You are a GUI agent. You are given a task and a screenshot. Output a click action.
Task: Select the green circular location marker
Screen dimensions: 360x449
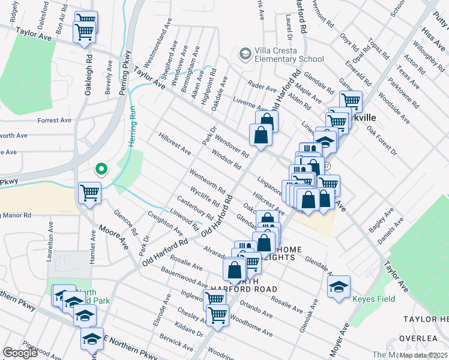point(101,169)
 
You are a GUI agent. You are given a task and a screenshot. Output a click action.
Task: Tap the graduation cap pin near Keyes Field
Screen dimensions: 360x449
point(339,286)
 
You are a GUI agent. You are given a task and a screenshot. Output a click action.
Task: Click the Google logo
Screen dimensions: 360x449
point(20,353)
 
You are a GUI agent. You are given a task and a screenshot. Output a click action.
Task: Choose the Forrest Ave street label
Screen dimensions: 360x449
point(55,121)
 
